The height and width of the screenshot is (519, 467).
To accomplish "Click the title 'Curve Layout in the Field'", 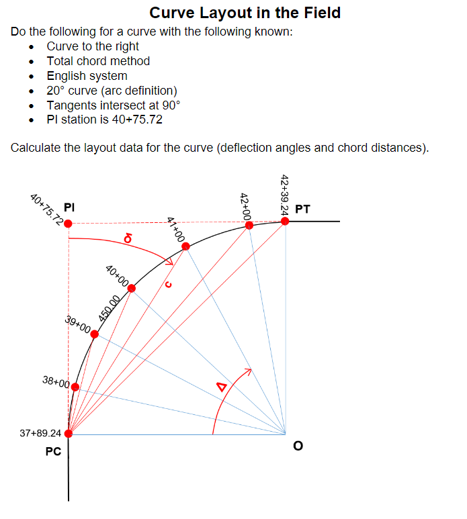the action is tap(245, 13).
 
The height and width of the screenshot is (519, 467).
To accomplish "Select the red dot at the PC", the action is tap(69, 433).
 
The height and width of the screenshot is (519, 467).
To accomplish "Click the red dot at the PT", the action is tap(285, 220).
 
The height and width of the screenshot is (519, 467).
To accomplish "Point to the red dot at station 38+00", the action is tap(75, 387).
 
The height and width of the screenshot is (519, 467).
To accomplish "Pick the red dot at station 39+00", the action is tap(95, 334).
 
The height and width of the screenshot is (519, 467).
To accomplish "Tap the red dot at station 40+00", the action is tap(132, 289).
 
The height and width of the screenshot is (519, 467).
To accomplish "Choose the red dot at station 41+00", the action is tap(185, 247).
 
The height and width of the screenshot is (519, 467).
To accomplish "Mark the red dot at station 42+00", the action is tap(249, 225).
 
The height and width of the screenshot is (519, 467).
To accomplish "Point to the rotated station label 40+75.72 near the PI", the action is tap(46, 208).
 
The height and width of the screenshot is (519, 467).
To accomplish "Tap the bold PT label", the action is tap(302, 209).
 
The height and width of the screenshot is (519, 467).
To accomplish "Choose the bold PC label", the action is tap(53, 452).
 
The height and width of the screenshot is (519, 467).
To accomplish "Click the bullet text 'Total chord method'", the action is tap(98, 61).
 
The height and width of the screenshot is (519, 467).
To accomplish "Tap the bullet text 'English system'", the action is tap(87, 76).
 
